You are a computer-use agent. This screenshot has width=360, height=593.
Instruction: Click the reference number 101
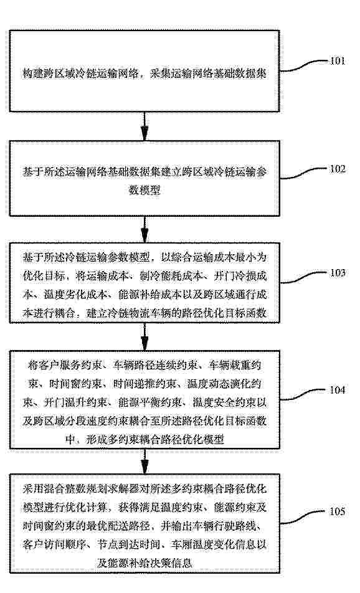click(338, 61)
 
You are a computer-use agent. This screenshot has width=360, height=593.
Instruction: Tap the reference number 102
click(338, 169)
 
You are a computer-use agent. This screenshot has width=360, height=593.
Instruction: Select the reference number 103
click(338, 273)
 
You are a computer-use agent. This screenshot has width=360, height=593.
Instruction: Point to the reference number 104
click(338, 389)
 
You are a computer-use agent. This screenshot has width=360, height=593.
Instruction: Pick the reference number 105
click(338, 511)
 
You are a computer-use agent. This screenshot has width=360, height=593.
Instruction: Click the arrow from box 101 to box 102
click(144, 126)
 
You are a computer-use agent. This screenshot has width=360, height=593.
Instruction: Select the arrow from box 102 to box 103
click(144, 229)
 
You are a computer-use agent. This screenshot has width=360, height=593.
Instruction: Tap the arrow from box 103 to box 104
click(144, 337)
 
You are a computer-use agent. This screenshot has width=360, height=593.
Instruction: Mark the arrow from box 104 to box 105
click(144, 462)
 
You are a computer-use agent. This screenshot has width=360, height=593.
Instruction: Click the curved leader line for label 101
click(305, 65)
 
